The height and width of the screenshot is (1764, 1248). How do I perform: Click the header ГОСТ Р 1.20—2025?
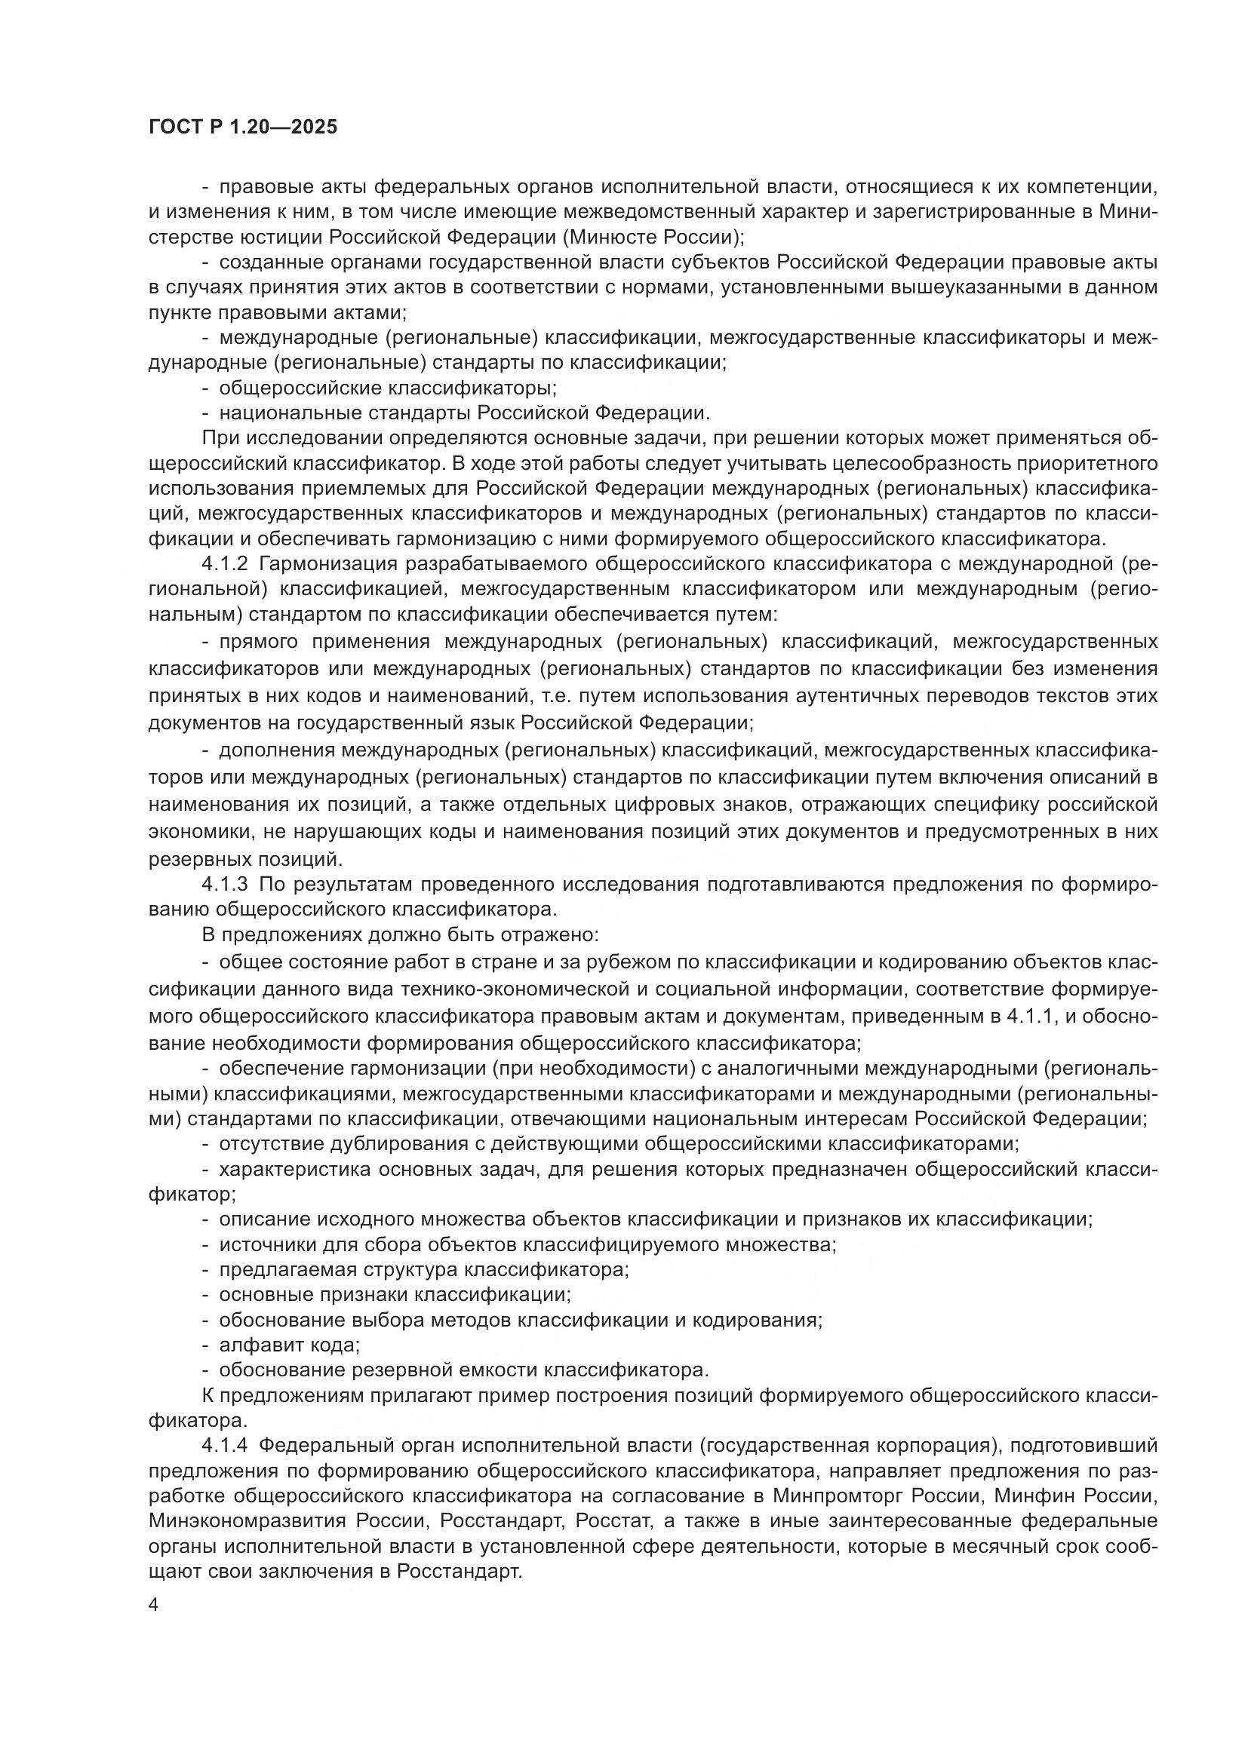coord(243,127)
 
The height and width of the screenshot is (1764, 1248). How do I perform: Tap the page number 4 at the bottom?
coord(154,1606)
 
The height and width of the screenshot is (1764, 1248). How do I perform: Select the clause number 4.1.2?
coord(224,563)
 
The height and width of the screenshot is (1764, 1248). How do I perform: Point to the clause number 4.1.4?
coord(224,1445)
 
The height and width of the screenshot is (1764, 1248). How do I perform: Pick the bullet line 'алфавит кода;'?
coord(289,1345)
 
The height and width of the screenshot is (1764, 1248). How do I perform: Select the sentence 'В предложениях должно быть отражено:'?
coord(400,935)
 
